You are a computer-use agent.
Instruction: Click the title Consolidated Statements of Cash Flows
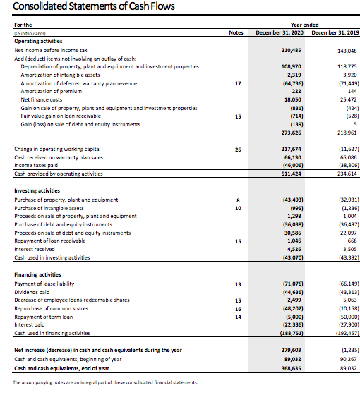coord(94,8)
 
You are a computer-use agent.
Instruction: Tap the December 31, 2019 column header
coord(334,33)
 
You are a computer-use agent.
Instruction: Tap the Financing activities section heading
coord(40,274)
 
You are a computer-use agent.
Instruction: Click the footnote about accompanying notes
coord(106,382)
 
